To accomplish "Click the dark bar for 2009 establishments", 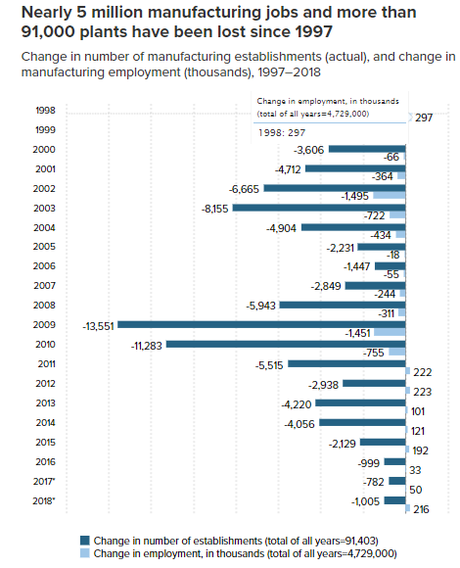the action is point(261,324).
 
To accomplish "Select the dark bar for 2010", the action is point(286,344).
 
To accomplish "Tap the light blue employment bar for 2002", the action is point(390,196).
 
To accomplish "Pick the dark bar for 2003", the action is point(319,208).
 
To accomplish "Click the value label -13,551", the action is point(99,326).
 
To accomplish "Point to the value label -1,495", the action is point(354,196).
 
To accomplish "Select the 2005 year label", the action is point(44,247).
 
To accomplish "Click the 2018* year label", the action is point(44,501).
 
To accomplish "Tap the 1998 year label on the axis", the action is point(46,111).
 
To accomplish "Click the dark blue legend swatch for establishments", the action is point(85,541).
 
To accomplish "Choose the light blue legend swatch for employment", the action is point(85,553).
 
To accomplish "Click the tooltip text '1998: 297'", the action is point(282,133).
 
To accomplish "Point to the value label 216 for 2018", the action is point(421,509).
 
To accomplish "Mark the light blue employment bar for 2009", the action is point(390,333).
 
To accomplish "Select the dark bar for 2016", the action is point(395,461).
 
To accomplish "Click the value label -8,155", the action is point(215,209).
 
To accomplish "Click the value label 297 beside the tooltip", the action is point(424,118).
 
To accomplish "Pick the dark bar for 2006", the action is point(391,266).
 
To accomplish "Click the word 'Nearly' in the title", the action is point(47,13).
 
